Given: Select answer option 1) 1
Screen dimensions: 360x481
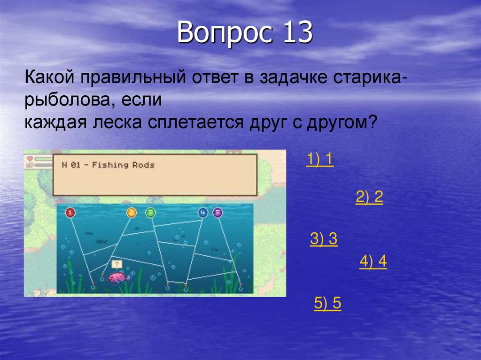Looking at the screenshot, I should coord(320,160).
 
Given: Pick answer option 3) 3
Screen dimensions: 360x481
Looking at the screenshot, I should coord(324,239).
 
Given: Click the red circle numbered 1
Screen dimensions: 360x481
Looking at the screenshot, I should coord(70,213).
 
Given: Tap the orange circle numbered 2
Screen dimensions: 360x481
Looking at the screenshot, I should coord(132,213).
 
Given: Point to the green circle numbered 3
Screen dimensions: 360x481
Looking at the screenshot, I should coord(150,213).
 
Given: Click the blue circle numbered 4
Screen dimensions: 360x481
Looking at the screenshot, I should coord(202,213).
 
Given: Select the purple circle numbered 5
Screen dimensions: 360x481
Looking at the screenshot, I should coord(217,213).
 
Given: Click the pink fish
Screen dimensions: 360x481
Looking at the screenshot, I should coord(119,278).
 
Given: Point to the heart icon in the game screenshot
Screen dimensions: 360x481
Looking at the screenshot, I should coord(29,158).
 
